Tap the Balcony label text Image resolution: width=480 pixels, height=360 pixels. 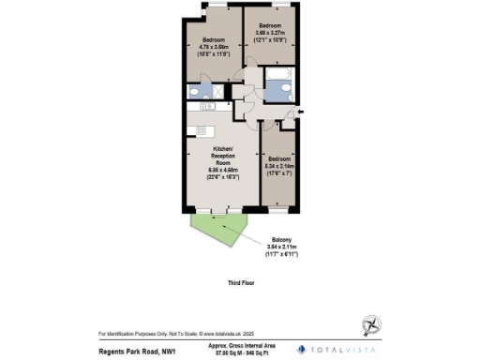[x=280, y=239]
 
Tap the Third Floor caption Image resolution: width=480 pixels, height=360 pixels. [x=240, y=281]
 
